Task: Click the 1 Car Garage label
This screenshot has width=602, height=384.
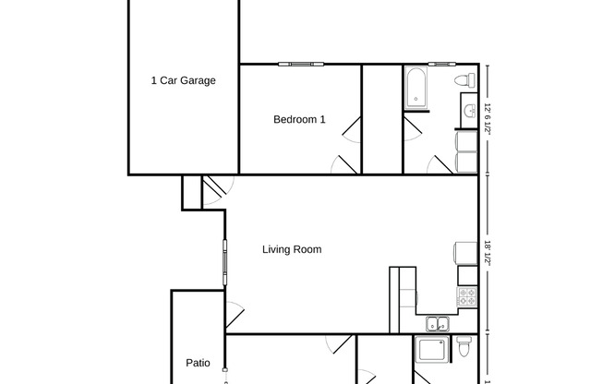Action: [183, 80]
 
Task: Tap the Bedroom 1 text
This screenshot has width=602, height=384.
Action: [299, 119]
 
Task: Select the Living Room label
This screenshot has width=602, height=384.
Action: [292, 249]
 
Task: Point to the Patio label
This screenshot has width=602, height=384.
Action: [198, 363]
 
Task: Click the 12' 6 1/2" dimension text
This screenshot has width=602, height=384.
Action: [487, 119]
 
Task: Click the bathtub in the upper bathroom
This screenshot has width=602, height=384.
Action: [415, 89]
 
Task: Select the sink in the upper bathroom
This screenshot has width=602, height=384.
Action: [468, 112]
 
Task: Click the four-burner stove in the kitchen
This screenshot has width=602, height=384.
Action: [467, 297]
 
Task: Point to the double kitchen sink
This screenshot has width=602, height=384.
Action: [437, 324]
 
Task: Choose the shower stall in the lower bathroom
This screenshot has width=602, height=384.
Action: [430, 350]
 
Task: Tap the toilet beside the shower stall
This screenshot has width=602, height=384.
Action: [464, 348]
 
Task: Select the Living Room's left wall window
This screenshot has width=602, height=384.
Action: [223, 263]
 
